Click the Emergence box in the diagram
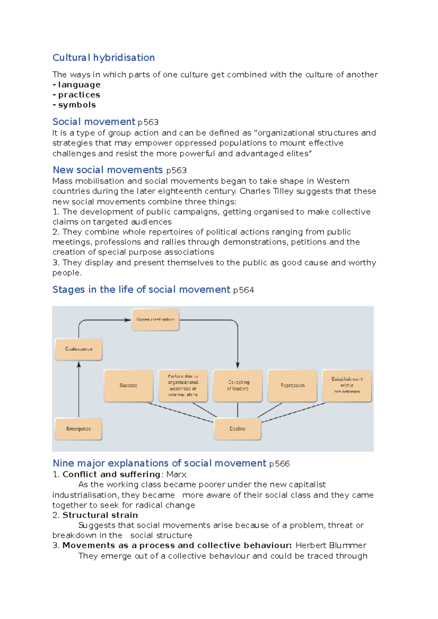78,429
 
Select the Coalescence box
78,349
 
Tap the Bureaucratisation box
155,320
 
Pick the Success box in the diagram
128,386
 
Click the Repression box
292,386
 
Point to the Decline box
238,429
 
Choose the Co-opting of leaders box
238,386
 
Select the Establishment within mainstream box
347,386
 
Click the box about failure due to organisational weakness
183,386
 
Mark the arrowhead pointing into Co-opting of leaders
238,366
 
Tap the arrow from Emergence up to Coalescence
79,390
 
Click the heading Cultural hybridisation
104,58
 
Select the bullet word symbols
77,105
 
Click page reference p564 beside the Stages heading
243,291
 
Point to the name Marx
176,475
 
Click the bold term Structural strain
100,515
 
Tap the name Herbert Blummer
331,545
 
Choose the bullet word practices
79,95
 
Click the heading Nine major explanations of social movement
160,463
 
